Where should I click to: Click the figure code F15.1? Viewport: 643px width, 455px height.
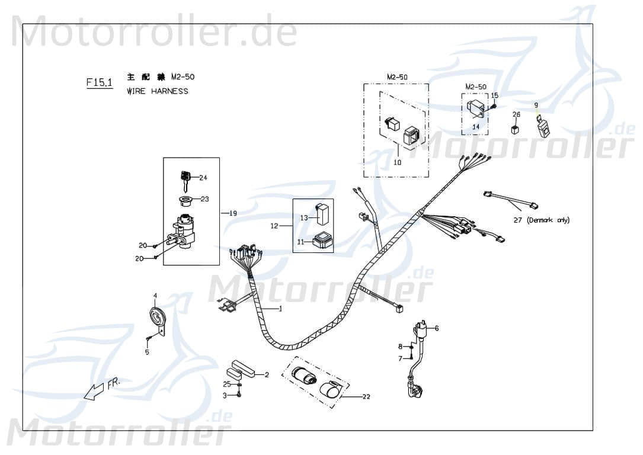(99, 83)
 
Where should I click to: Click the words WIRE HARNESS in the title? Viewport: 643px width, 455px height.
(158, 91)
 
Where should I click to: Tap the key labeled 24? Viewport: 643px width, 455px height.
(185, 177)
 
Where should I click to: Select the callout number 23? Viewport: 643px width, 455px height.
(204, 199)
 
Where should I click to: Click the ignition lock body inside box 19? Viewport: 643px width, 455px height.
(184, 232)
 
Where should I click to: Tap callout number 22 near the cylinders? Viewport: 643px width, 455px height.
(366, 396)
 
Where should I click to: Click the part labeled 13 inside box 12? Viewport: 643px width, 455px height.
(323, 213)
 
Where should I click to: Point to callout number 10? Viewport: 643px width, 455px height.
(397, 162)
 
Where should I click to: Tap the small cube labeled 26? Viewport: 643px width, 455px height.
(516, 129)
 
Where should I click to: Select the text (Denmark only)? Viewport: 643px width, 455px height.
(549, 220)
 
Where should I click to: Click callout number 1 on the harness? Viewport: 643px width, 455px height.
(280, 309)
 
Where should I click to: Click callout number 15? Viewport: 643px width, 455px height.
(495, 95)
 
